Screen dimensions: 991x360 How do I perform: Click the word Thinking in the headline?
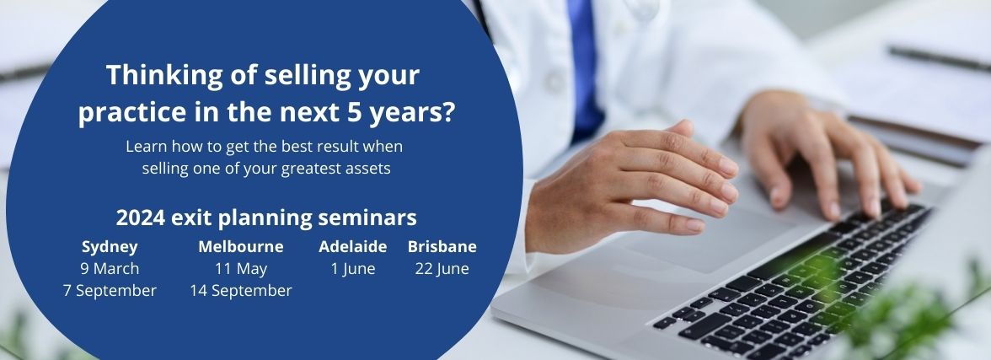tap(164, 76)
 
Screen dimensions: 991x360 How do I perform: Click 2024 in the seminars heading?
tap(140, 218)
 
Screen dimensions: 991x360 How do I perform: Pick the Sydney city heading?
tap(110, 247)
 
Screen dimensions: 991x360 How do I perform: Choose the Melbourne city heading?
tap(241, 246)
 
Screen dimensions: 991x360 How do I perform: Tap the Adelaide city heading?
tap(352, 246)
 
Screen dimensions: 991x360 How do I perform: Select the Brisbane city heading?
tap(442, 246)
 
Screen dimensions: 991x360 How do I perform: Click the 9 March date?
tap(110, 268)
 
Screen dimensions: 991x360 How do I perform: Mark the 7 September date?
tap(110, 290)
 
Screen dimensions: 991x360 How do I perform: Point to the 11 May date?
tap(241, 268)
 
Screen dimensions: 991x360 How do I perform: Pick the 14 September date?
tap(241, 290)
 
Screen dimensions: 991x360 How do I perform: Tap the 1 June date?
tap(352, 268)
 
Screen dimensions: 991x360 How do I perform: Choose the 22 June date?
tap(442, 268)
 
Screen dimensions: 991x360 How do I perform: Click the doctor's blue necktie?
tap(584, 67)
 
